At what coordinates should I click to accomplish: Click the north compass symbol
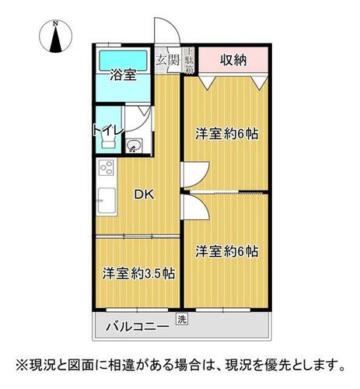tap(55, 37)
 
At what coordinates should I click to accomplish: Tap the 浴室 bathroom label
tap(123, 75)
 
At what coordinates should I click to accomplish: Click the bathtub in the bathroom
tap(123, 61)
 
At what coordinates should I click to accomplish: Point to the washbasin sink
tap(134, 145)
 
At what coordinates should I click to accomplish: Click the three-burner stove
tap(107, 167)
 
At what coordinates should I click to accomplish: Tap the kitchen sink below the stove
tap(107, 201)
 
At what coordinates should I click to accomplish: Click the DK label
tap(144, 194)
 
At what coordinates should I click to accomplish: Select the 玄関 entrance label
tap(168, 61)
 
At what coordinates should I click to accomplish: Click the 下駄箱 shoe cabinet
tap(190, 60)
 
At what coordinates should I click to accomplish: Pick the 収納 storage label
tap(233, 60)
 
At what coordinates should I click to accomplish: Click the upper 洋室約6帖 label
tap(227, 134)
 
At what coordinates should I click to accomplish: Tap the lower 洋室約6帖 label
tap(227, 251)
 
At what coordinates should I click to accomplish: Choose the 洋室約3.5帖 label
tap(138, 273)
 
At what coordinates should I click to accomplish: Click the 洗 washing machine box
tap(182, 320)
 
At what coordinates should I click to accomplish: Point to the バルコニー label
tap(138, 326)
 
